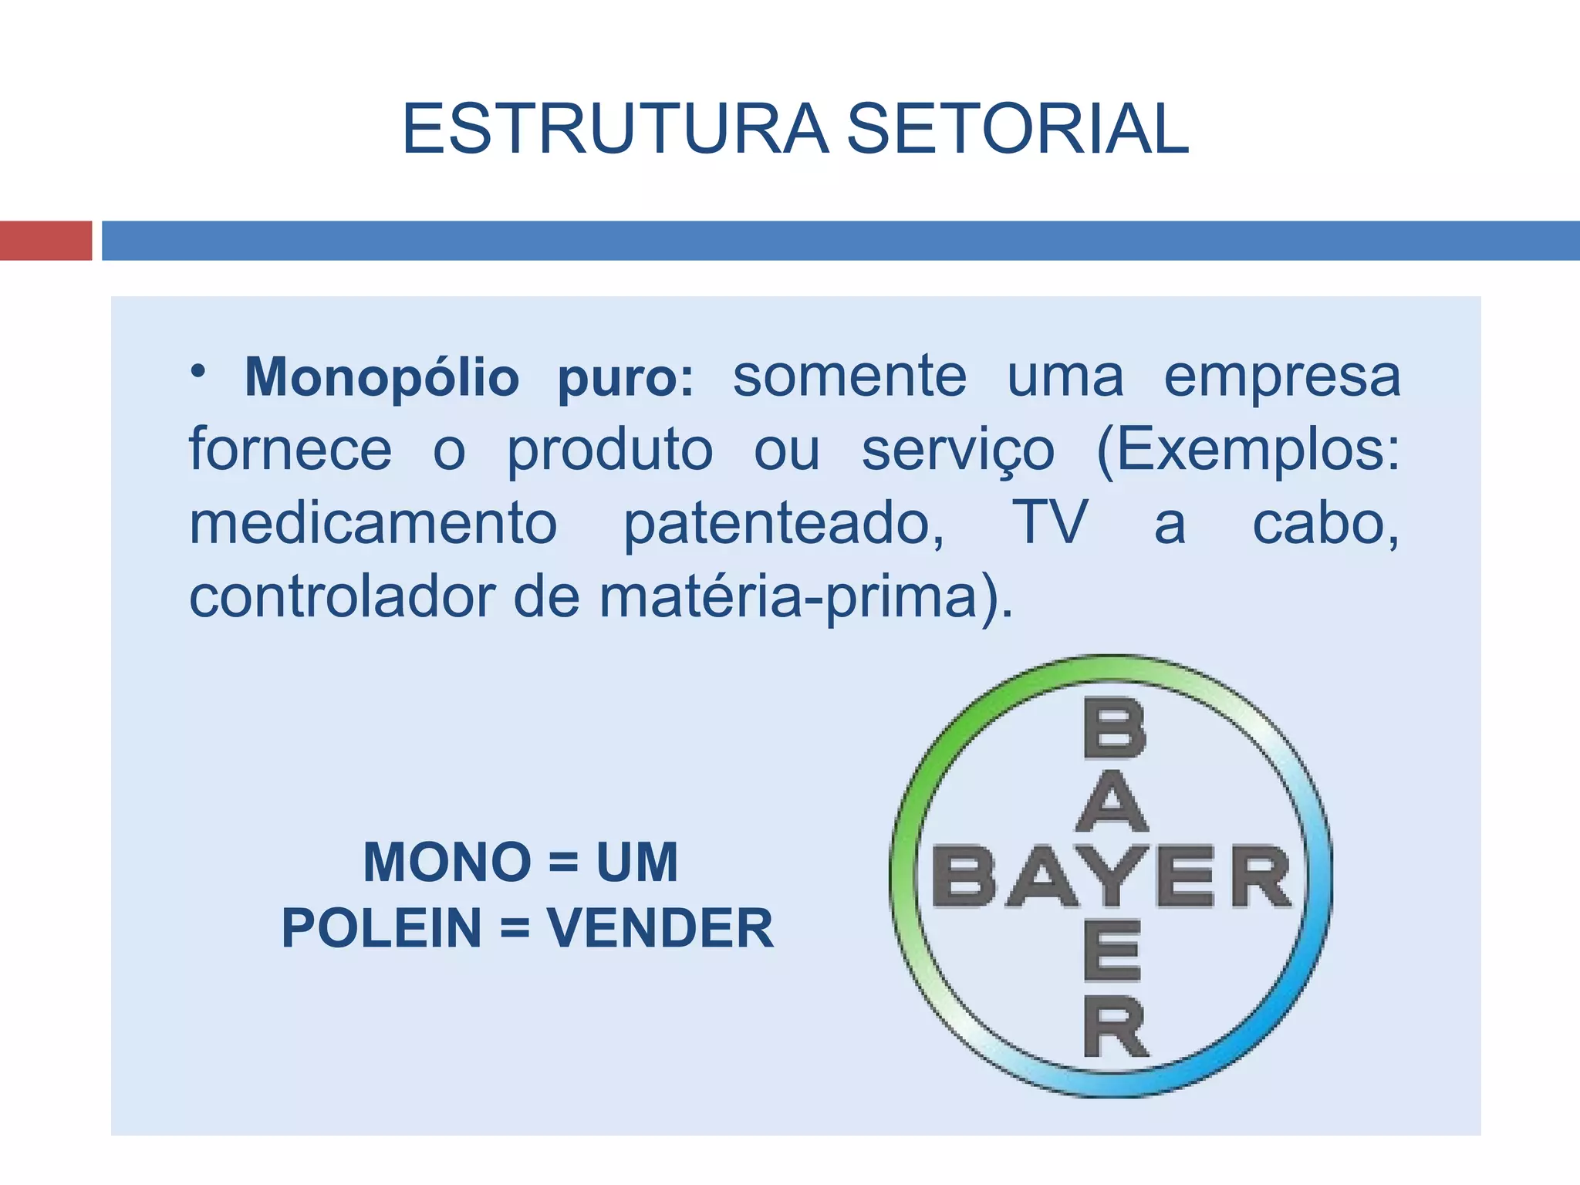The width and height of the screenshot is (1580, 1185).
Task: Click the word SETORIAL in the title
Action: coord(1018,129)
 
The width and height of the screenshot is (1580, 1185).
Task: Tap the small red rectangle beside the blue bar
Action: coord(46,241)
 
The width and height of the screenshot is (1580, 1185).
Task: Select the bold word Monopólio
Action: coord(382,377)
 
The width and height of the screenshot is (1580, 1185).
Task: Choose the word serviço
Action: coord(957,451)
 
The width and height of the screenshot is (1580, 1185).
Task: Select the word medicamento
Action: coord(373,523)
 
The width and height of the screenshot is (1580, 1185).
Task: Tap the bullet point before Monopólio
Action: coord(199,371)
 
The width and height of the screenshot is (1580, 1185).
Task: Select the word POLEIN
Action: coord(382,927)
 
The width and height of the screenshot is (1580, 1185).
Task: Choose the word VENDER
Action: coord(660,927)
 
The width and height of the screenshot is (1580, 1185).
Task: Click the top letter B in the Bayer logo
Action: coord(1114,728)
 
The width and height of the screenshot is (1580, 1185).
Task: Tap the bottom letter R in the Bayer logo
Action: coord(1116,1025)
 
